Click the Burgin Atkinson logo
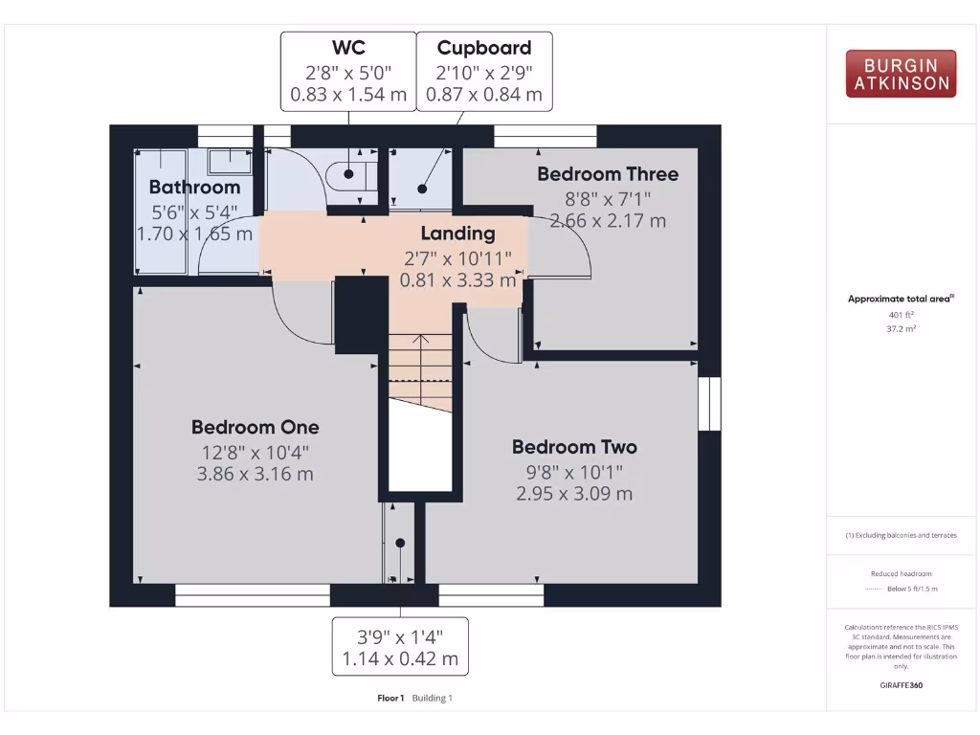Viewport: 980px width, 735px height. pyautogui.click(x=901, y=74)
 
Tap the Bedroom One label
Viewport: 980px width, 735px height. pyautogui.click(x=255, y=427)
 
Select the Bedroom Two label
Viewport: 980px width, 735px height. pyautogui.click(x=574, y=447)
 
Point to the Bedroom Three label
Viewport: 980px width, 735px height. pyautogui.click(x=607, y=174)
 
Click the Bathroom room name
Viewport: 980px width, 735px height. pyautogui.click(x=194, y=187)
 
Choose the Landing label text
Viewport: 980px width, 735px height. pyautogui.click(x=457, y=233)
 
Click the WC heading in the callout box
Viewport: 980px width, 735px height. pyautogui.click(x=348, y=48)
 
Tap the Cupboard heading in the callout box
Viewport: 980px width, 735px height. pyautogui.click(x=484, y=48)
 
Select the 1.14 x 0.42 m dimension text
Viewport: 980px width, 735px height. pyautogui.click(x=400, y=658)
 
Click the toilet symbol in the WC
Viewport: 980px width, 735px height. pyautogui.click(x=345, y=175)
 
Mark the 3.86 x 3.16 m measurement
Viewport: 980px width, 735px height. pyautogui.click(x=255, y=474)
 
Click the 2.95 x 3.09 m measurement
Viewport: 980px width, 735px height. pyautogui.click(x=574, y=494)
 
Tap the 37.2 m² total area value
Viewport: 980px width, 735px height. pyautogui.click(x=900, y=327)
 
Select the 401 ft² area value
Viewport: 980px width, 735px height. pyautogui.click(x=900, y=314)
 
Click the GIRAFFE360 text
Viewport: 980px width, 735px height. pyautogui.click(x=901, y=684)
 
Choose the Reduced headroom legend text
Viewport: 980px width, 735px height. pyautogui.click(x=901, y=573)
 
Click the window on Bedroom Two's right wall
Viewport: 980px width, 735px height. pyautogui.click(x=709, y=404)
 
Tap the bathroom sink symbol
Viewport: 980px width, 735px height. pyautogui.click(x=230, y=160)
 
